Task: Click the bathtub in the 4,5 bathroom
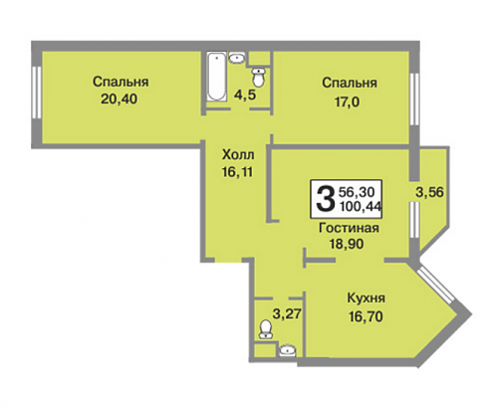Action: (x=216, y=76)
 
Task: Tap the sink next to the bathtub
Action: (x=237, y=58)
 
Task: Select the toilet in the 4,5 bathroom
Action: (x=258, y=77)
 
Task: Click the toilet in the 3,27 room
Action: (x=266, y=329)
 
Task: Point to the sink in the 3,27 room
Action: (x=288, y=350)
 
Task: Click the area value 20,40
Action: (x=119, y=99)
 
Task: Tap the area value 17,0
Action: (x=347, y=102)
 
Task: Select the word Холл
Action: (x=238, y=154)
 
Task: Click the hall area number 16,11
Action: (x=238, y=172)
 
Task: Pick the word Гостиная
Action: (x=349, y=228)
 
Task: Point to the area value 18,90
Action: (x=347, y=244)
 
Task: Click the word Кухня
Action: (x=366, y=298)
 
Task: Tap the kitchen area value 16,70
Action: (x=366, y=316)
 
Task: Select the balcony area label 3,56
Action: (x=429, y=192)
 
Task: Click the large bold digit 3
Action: (x=325, y=198)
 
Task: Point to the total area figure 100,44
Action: (x=361, y=206)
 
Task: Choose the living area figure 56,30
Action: (x=357, y=191)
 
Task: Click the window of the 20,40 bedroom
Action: (x=37, y=93)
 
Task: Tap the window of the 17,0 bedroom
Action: (x=414, y=99)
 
